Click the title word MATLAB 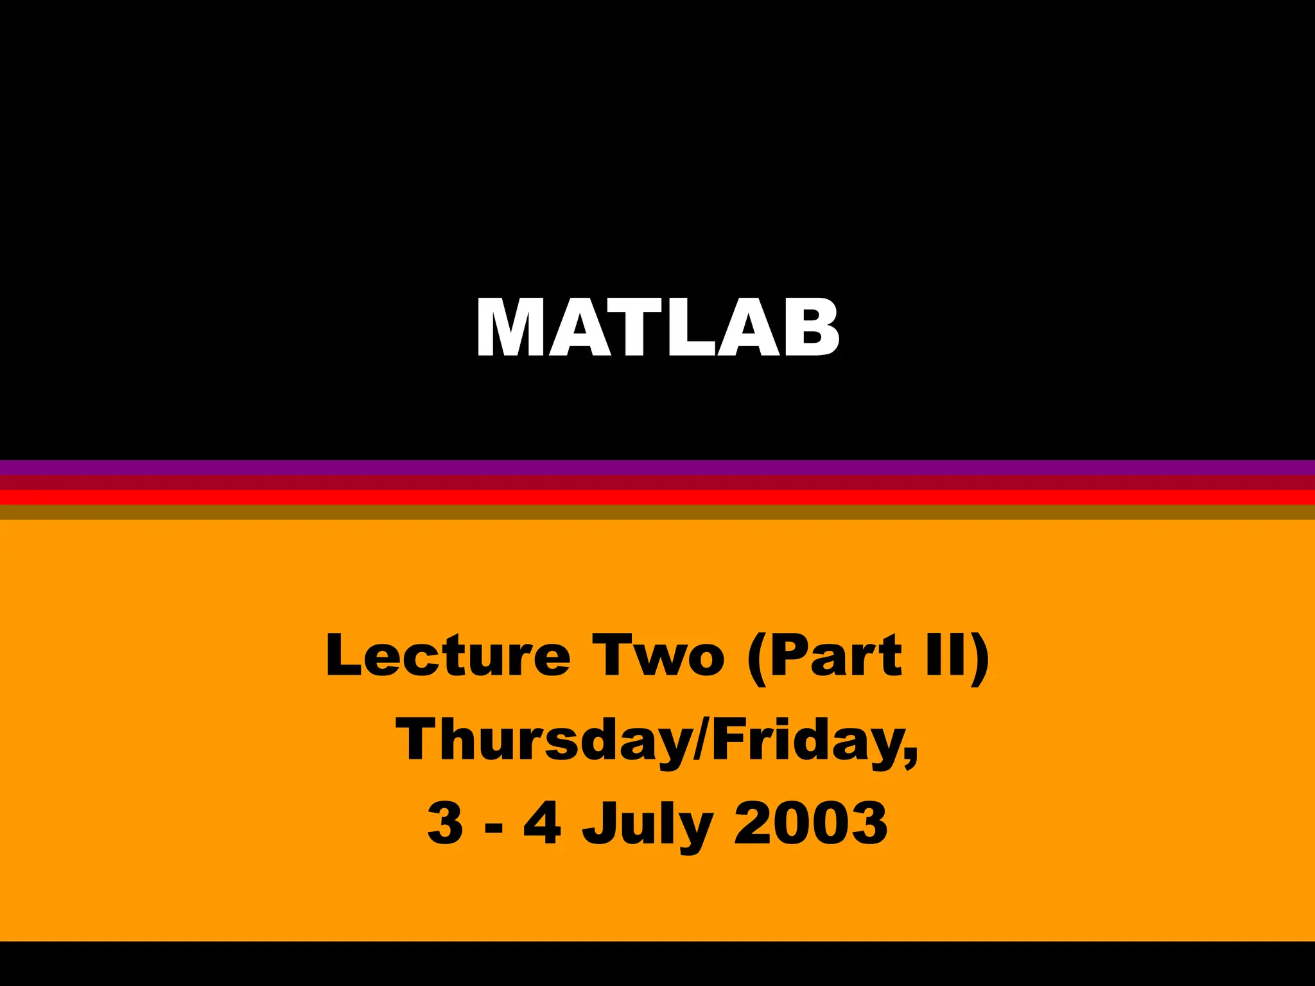click(x=657, y=327)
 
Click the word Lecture click(x=448, y=655)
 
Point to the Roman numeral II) click(x=957, y=655)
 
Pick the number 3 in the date click(x=445, y=824)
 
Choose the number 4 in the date click(x=543, y=824)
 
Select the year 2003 click(x=810, y=824)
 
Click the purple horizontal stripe click(x=657, y=467)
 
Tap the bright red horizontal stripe click(x=657, y=497)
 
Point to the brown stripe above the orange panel click(x=657, y=512)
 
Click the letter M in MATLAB click(x=510, y=327)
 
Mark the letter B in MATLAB click(x=808, y=327)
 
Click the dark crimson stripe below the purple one click(x=657, y=482)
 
